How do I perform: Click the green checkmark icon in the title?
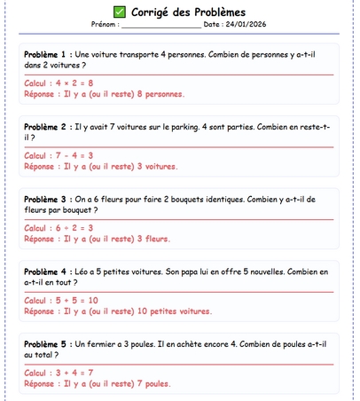point(120,12)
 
